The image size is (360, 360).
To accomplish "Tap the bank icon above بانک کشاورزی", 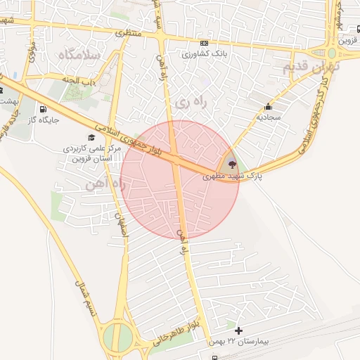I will pyautogui.click(x=204, y=43).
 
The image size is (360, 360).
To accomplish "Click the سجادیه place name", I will pyautogui.click(x=268, y=118).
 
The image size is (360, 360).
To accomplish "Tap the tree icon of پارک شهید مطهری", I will pyautogui.click(x=232, y=164).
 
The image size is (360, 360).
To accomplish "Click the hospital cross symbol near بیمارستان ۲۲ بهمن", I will pyautogui.click(x=238, y=330).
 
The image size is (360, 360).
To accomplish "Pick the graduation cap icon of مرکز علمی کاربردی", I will pyautogui.click(x=91, y=138).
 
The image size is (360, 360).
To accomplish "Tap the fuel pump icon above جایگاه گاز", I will pyautogui.click(x=44, y=109).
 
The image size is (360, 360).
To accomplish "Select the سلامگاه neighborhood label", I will pyautogui.click(x=79, y=53).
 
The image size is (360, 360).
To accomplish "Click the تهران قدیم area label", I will pyautogui.click(x=310, y=67).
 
